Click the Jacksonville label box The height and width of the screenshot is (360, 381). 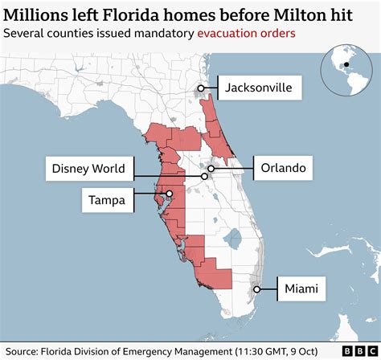(258, 87)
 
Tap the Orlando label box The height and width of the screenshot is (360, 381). (281, 169)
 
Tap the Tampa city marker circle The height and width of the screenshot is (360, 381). (169, 194)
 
